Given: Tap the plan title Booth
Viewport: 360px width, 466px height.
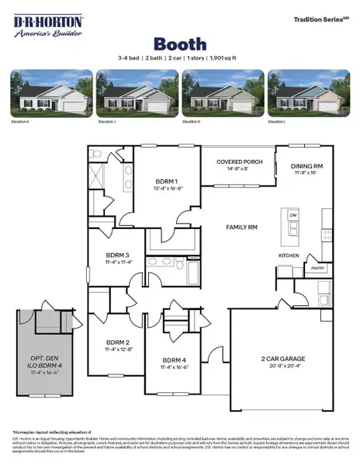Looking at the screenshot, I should (x=180, y=43).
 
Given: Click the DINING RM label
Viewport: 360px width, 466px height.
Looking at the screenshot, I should (x=306, y=165).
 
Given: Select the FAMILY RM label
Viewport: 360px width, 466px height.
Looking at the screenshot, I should (x=241, y=228).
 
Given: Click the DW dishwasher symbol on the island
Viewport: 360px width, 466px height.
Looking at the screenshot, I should (x=292, y=215).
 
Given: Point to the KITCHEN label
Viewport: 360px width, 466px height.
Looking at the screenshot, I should (x=289, y=256).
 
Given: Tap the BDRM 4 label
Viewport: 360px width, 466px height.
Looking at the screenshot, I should (x=175, y=360).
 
